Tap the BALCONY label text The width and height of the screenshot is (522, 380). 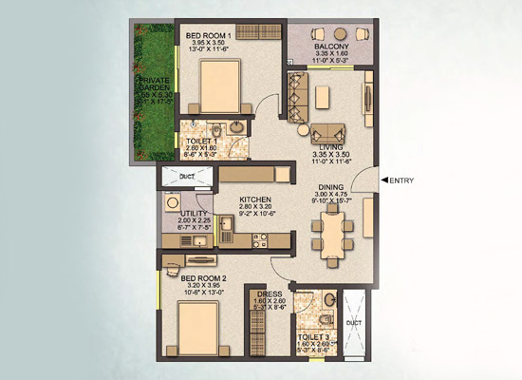pos(326,46)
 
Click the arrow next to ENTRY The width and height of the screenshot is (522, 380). pos(384,179)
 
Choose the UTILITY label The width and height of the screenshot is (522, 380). pos(180,215)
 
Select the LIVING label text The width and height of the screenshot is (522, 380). pos(331,148)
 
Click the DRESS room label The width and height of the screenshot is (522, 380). pos(269,295)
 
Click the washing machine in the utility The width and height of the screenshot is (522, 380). pos(173,202)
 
